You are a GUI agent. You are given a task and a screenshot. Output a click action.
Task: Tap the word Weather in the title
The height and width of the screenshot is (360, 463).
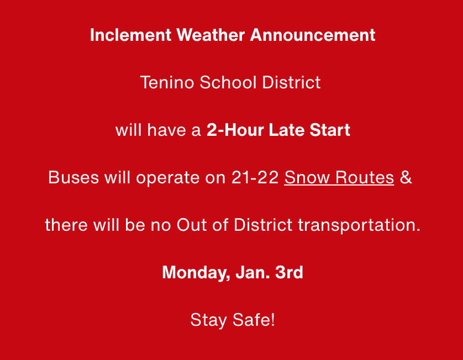coord(211,35)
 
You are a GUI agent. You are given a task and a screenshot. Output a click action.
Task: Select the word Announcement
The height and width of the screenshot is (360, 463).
coord(313,35)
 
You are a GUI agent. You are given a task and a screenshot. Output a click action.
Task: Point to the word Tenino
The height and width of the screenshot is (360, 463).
coord(167,82)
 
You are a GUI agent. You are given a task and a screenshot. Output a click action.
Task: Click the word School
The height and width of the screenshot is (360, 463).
coord(228,82)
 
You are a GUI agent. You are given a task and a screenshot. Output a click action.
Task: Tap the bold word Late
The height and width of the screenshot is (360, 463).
coord(287,130)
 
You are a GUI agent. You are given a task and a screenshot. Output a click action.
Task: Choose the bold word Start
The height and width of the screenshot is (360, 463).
coord(330,130)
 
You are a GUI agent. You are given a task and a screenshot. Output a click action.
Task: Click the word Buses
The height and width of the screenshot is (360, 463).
coord(73,177)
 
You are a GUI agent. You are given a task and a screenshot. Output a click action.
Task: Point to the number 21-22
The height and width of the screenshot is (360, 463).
coord(255,177)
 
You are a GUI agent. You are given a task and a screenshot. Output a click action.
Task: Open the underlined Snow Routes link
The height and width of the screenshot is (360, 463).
coord(339,178)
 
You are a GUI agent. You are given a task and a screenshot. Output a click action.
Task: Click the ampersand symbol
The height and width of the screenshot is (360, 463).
coord(406,177)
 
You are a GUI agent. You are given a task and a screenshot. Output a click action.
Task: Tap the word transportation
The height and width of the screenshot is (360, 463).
coord(359,226)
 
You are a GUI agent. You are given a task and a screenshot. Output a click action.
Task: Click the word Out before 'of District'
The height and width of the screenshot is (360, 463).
coord(192,225)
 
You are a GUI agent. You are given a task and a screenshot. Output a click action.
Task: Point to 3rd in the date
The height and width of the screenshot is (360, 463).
coord(289,272)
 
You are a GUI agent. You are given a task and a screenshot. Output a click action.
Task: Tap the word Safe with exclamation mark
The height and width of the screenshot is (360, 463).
coord(254,320)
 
